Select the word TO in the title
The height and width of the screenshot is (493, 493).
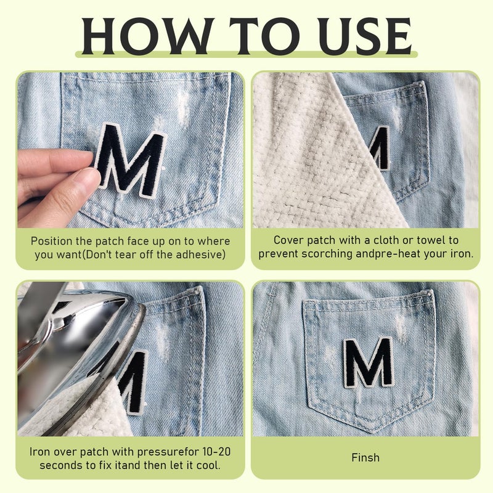[x=264, y=36]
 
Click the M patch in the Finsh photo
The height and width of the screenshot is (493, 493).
[x=369, y=362]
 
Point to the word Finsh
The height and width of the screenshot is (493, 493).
[x=365, y=457]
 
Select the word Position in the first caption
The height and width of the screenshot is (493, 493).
[x=52, y=242]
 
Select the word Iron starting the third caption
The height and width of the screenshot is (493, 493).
[x=40, y=452]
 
